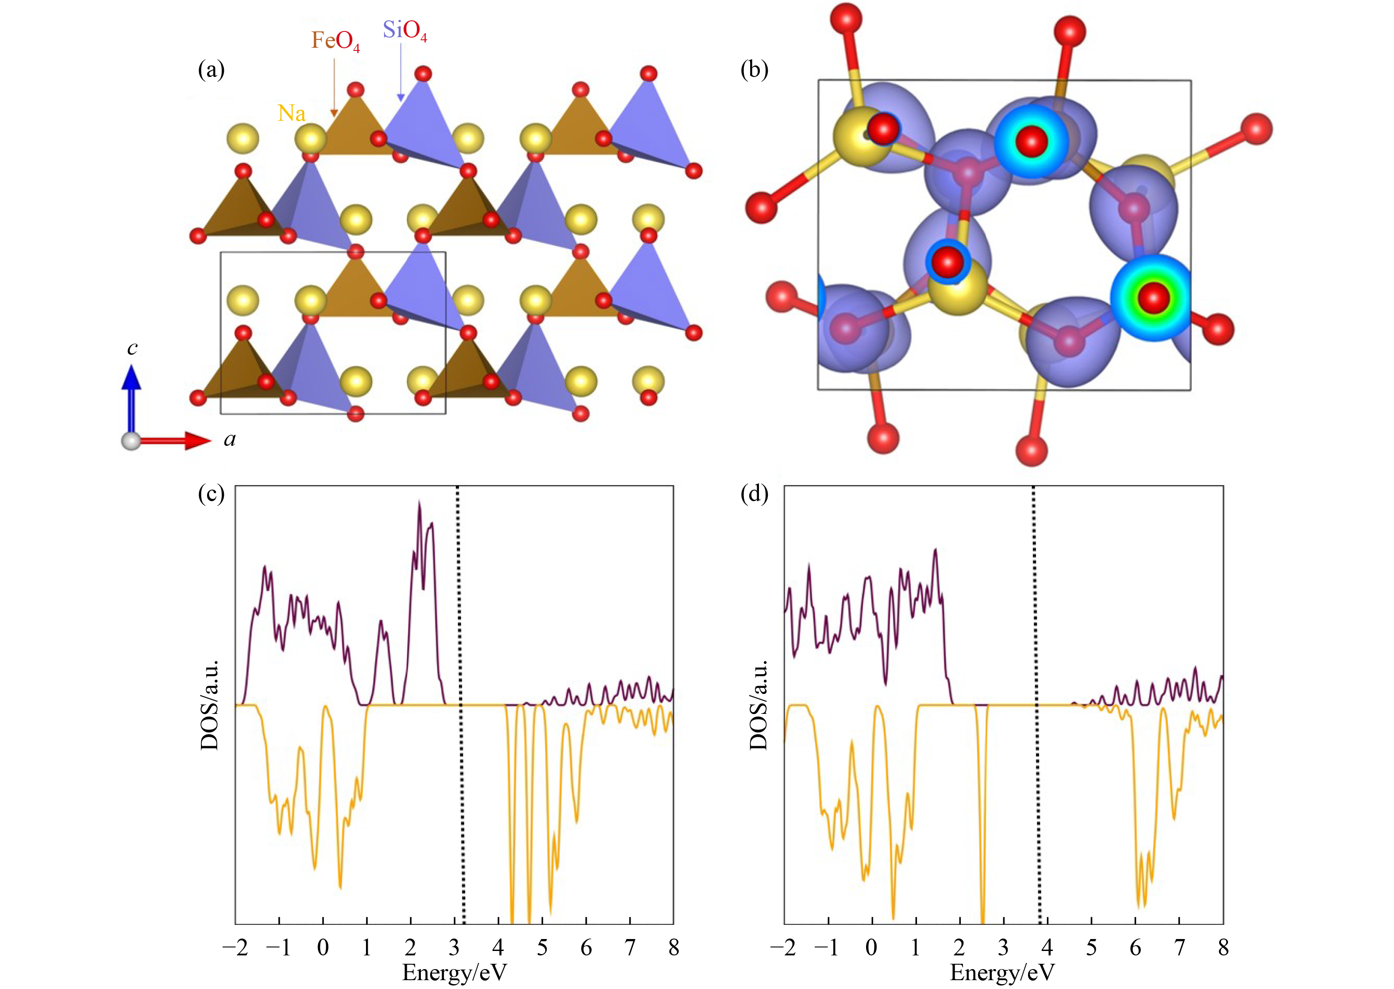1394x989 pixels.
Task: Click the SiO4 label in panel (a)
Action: click(x=404, y=31)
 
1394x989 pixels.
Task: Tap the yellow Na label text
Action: click(x=291, y=113)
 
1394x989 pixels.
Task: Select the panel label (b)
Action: click(x=754, y=70)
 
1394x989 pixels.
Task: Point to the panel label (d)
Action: click(x=754, y=493)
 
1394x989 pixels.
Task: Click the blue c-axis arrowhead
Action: click(x=131, y=378)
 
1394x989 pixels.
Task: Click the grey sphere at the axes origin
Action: click(x=131, y=441)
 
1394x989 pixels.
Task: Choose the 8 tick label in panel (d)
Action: click(x=1223, y=947)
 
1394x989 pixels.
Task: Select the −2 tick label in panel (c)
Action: click(x=235, y=947)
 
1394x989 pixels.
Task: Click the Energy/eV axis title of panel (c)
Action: click(x=454, y=973)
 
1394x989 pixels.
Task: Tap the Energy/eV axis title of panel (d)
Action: click(x=1002, y=973)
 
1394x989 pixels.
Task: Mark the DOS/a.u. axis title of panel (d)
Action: click(x=759, y=705)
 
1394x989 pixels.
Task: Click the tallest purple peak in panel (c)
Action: click(x=419, y=503)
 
